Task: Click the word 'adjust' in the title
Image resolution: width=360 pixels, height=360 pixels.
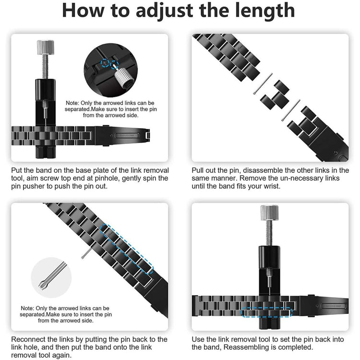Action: (164, 11)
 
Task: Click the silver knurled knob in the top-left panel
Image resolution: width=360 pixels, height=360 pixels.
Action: (46, 48)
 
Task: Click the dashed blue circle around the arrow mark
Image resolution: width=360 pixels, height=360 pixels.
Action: (105, 63)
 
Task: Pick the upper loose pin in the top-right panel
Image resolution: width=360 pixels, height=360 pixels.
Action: (263, 84)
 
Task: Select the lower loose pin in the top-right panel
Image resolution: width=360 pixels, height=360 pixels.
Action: (291, 110)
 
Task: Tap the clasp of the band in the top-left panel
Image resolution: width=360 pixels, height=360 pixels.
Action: (122, 136)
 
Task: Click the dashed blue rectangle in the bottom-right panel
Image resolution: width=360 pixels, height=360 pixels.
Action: (266, 312)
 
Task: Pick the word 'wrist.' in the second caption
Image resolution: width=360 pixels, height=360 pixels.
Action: (272, 186)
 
